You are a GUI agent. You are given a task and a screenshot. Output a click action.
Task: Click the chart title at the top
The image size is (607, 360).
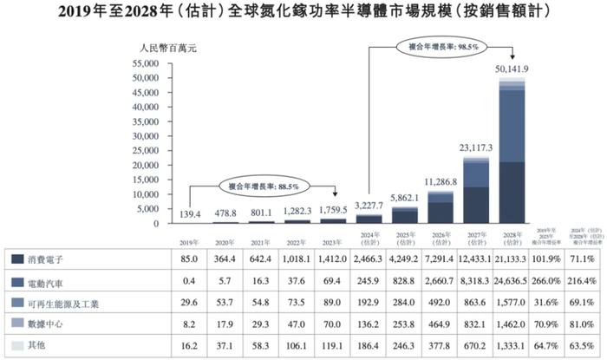pyautogui.click(x=303, y=12)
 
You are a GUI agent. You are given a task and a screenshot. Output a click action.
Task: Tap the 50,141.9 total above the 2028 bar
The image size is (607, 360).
pyautogui.click(x=511, y=69)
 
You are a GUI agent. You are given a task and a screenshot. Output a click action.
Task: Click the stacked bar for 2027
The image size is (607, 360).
pyautogui.click(x=476, y=192)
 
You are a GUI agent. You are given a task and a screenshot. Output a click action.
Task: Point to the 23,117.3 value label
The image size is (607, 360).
pyautogui.click(x=476, y=148)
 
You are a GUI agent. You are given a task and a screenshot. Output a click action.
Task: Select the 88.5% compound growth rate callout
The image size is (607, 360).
pyautogui.click(x=264, y=185)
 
